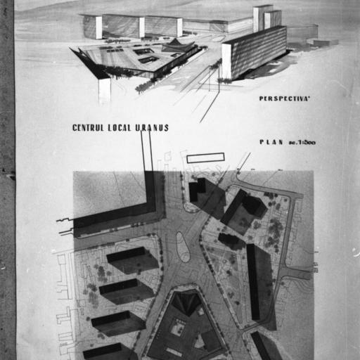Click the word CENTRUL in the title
88,128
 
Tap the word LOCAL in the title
120,128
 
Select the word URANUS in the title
152,128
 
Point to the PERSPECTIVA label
283,98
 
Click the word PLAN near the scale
271,142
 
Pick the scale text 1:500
305,143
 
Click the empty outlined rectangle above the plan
205,157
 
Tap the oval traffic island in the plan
183,247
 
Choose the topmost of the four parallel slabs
132,259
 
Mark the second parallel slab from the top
126,291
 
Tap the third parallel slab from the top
118,323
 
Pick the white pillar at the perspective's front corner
104,91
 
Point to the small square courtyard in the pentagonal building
177,326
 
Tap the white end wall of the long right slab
226,61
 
